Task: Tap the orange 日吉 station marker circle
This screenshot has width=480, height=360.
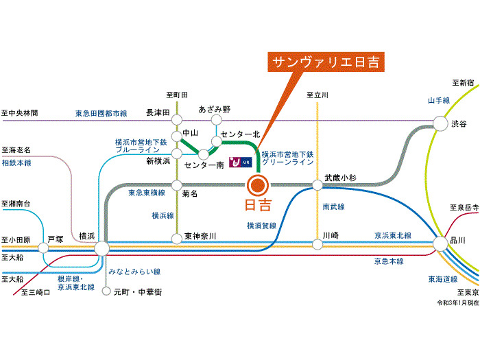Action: coord(258,184)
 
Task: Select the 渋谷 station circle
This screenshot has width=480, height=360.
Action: coord(440,123)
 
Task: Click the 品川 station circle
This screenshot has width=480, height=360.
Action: coord(440,243)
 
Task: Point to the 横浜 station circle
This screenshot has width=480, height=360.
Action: coord(101,248)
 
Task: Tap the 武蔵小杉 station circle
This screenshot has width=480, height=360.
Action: coord(317,184)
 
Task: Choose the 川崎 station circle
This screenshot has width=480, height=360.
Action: coord(317,243)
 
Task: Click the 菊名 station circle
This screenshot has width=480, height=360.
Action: coord(177,184)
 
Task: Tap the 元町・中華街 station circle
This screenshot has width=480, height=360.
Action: coord(106,291)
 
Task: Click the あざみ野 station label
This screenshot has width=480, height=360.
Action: coord(215,109)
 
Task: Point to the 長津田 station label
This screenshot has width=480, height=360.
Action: coord(158,112)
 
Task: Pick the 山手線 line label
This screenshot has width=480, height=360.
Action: coord(438,101)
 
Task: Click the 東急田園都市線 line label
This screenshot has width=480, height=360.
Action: coord(101,113)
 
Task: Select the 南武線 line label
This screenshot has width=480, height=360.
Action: coord(333,206)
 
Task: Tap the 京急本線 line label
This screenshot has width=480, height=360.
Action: coord(388,261)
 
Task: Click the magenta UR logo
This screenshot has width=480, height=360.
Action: coord(241,163)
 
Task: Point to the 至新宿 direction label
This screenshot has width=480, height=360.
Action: coord(463,83)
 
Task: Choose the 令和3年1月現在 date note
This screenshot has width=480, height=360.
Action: coord(457,302)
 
